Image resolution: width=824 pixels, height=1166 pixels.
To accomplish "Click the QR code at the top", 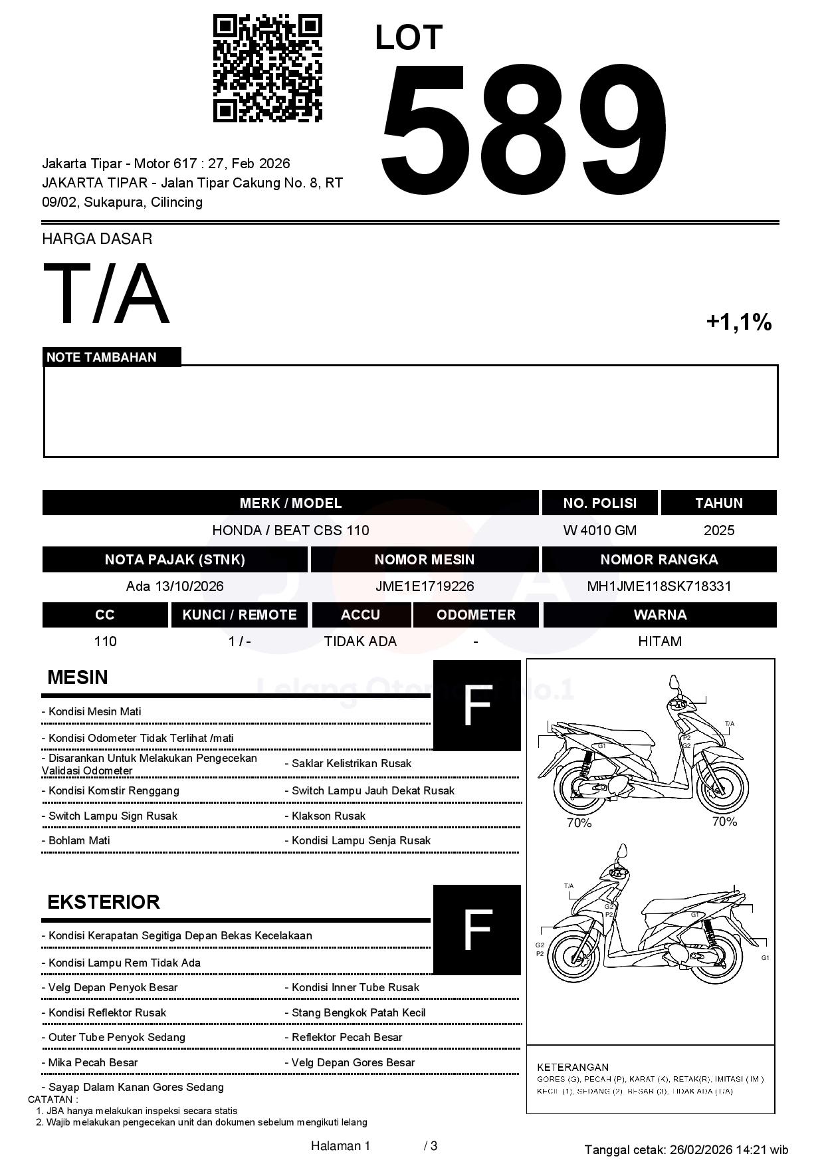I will tap(267, 68).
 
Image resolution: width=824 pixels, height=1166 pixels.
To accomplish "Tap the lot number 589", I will tap(523, 130).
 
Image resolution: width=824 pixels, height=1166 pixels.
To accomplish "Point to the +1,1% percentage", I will tap(738, 322).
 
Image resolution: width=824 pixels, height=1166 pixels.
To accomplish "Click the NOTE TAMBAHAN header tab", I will tap(102, 357).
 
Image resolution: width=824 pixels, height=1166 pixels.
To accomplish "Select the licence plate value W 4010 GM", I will tap(599, 530).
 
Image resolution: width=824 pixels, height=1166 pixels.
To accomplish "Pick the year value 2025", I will tap(719, 530).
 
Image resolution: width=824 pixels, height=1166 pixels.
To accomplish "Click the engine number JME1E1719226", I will tap(425, 586).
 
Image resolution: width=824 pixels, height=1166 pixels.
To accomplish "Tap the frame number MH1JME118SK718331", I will tap(659, 586).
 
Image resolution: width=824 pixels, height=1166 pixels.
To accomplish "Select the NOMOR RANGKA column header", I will tap(659, 560).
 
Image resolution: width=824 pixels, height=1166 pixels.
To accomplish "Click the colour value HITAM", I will tap(659, 641).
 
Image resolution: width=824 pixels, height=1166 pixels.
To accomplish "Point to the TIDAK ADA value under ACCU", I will tap(360, 641).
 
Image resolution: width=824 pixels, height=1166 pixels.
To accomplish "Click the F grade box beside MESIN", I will tap(476, 705).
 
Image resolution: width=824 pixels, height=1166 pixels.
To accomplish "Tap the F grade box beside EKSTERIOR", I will tap(476, 929).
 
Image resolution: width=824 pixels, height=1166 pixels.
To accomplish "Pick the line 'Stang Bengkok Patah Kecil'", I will tap(358, 1012).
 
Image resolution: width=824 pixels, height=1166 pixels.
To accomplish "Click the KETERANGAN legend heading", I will tap(572, 1067).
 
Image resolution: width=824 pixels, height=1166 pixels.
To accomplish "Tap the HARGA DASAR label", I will tap(97, 239).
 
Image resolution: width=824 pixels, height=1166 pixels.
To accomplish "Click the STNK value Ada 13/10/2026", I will tap(175, 586).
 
